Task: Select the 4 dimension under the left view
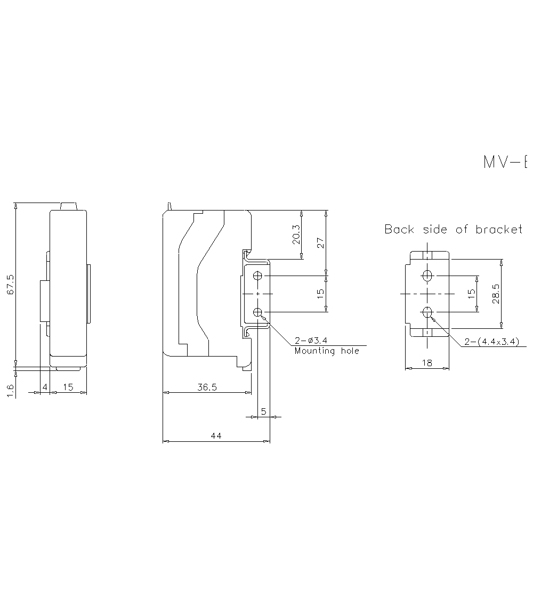(45, 387)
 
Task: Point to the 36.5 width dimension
(207, 387)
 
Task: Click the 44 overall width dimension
(216, 436)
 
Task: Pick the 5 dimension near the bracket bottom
(263, 411)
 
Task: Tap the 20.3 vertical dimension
(297, 235)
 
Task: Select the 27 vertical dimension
(321, 243)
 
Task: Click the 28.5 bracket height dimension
(496, 294)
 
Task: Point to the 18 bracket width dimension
(427, 363)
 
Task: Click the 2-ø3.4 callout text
(311, 341)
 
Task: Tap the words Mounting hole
(327, 351)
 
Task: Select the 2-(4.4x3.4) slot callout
(491, 342)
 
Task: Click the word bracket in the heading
(499, 229)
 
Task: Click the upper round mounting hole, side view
(258, 276)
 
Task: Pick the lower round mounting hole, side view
(258, 312)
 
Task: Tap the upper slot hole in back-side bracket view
(427, 276)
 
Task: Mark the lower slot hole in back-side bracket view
(427, 312)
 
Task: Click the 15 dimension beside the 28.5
(471, 294)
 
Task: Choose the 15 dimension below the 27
(321, 294)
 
